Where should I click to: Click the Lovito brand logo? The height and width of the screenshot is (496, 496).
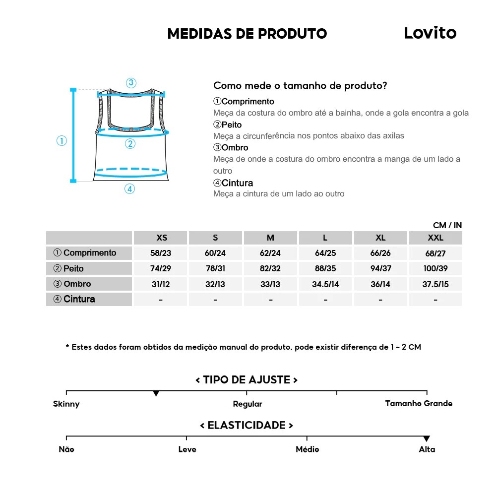(x=430, y=33)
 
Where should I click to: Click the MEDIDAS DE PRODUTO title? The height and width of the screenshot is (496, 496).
(x=247, y=34)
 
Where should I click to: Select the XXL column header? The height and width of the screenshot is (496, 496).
(x=435, y=238)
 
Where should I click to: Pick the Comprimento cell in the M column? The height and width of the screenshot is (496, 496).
(x=270, y=253)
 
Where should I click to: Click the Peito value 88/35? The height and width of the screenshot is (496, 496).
(x=325, y=268)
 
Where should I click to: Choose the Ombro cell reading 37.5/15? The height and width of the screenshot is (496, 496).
(x=435, y=284)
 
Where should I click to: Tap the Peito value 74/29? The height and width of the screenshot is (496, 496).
(x=161, y=268)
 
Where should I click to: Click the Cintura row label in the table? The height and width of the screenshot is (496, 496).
(x=74, y=299)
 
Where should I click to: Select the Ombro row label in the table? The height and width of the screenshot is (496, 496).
(x=72, y=284)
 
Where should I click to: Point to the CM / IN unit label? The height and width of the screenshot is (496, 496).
(x=447, y=225)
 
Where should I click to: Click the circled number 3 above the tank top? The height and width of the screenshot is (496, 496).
(x=131, y=83)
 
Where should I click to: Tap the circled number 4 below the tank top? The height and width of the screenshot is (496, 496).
(x=129, y=189)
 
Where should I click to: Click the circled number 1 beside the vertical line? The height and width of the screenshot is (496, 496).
(x=62, y=141)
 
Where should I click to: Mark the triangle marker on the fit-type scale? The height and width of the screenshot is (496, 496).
(x=156, y=393)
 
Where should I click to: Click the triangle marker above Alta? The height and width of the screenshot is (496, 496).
(x=427, y=438)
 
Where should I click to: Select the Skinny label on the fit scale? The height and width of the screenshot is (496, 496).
(x=66, y=404)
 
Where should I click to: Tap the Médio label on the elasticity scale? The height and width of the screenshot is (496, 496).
(x=307, y=449)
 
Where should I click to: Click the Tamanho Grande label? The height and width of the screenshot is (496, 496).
(x=419, y=403)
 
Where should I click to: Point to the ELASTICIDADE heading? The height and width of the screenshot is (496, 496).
(x=247, y=425)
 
